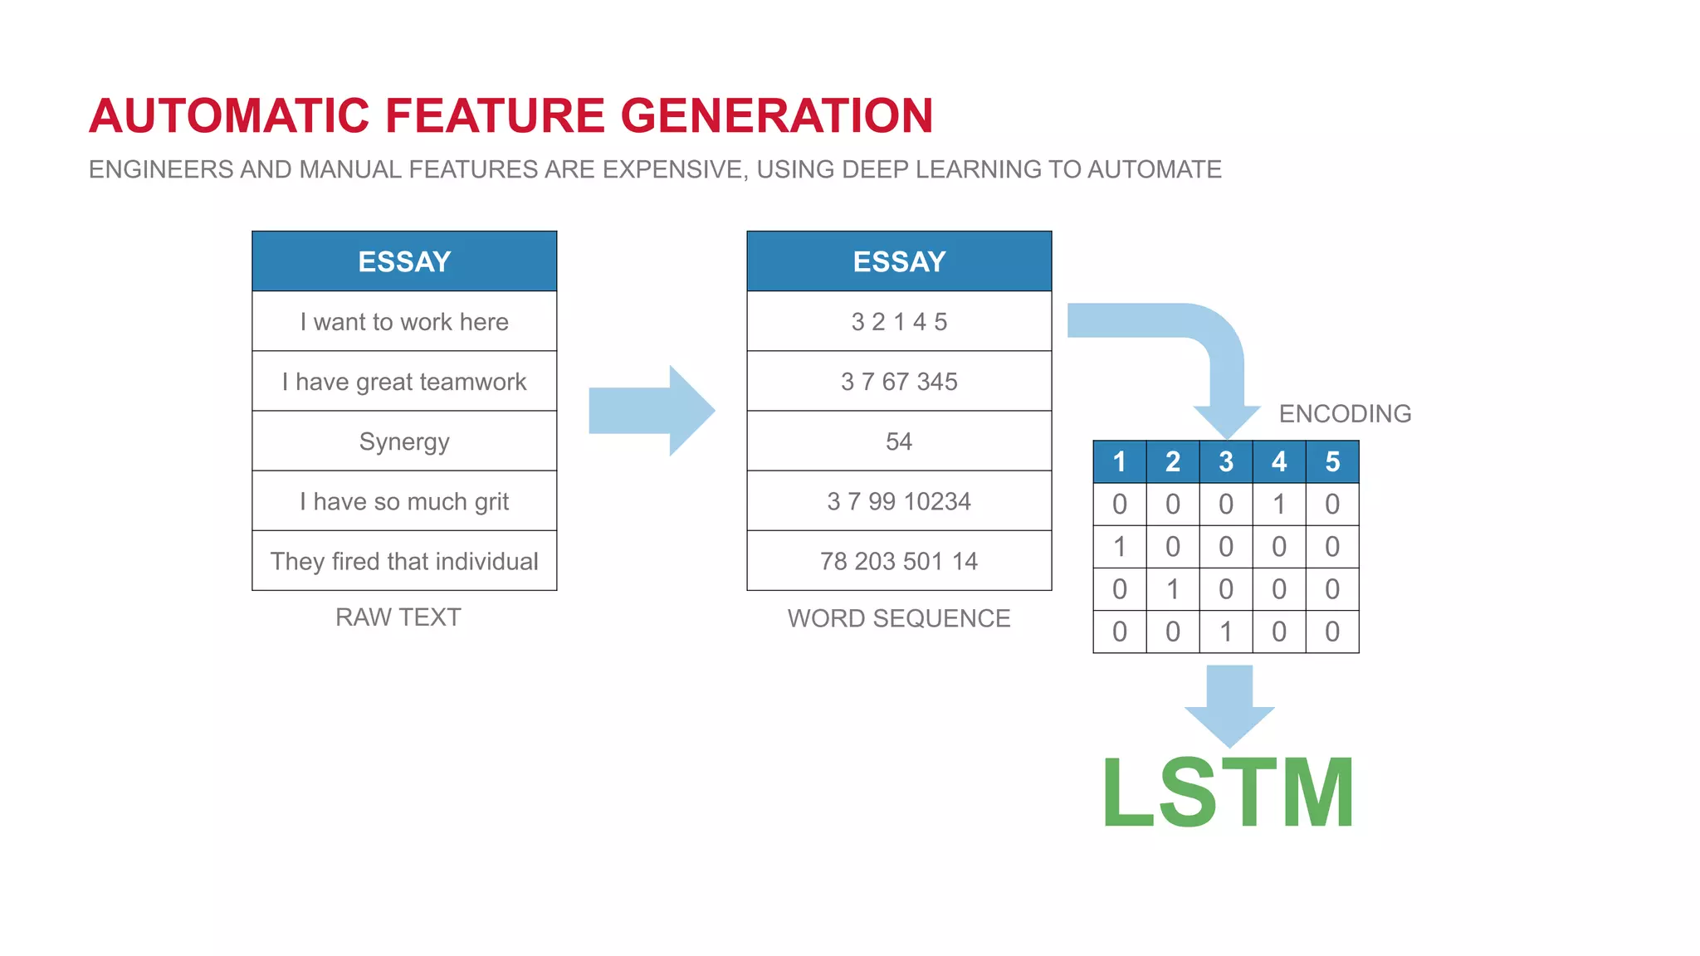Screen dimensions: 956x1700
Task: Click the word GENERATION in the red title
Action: (777, 115)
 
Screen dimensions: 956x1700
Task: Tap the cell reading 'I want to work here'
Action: (404, 322)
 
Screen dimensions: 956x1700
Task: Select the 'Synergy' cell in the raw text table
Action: (404, 441)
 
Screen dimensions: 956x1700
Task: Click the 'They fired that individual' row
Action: (404, 562)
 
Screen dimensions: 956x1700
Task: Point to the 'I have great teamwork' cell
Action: (404, 382)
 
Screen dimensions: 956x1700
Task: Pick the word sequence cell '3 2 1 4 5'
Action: (899, 322)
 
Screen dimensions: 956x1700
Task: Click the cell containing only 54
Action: (899, 441)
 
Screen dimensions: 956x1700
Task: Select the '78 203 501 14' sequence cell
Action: (899, 562)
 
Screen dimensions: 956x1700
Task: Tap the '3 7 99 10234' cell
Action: (899, 502)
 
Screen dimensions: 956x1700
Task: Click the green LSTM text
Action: (1228, 793)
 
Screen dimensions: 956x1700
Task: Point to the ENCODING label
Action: (1345, 413)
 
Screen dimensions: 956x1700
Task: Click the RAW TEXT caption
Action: (398, 617)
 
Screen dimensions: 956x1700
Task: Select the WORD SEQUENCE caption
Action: (899, 618)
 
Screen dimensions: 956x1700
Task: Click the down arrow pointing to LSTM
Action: (1229, 705)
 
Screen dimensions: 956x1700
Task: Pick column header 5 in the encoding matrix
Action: (1332, 462)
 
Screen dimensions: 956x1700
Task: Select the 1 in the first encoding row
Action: (1279, 505)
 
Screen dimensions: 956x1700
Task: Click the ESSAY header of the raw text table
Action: (404, 261)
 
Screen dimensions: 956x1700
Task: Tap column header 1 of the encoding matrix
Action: (1120, 462)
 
